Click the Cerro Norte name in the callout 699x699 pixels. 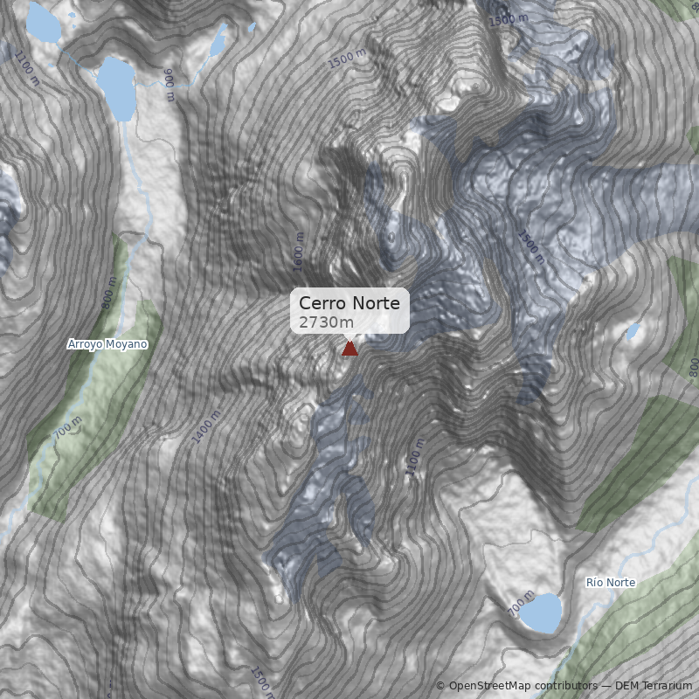point(349,303)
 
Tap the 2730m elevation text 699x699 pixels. point(326,322)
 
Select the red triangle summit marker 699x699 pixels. point(349,349)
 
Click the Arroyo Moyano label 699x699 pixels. point(107,344)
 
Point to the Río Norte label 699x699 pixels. point(611,582)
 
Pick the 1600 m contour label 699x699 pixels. point(298,251)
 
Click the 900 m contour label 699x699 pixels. point(169,85)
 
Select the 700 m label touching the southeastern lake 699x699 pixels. point(520,602)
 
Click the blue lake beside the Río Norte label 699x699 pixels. point(542,612)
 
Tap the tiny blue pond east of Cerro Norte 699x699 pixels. point(633,331)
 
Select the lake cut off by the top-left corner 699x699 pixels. point(42,22)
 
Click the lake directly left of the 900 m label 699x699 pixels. point(115,86)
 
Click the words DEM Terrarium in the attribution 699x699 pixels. point(653,686)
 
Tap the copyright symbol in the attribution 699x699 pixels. point(440,686)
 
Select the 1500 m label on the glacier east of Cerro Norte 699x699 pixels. point(530,247)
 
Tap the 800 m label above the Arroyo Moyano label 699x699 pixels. point(109,292)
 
